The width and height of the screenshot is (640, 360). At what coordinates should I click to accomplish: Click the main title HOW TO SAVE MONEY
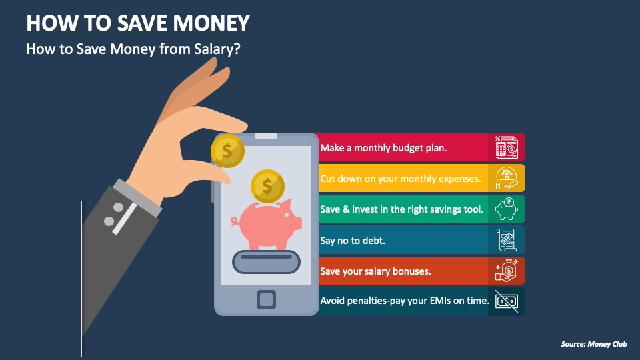pyautogui.click(x=138, y=23)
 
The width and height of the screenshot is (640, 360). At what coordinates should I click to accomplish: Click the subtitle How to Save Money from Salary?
pyautogui.click(x=133, y=49)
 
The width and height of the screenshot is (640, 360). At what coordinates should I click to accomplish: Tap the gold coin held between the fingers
pyautogui.click(x=227, y=150)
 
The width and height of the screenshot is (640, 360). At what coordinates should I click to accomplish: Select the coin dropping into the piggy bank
pyautogui.click(x=267, y=186)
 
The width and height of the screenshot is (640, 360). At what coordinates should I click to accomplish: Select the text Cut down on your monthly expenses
pyautogui.click(x=400, y=179)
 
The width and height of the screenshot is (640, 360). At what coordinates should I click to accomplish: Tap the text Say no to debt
pyautogui.click(x=352, y=240)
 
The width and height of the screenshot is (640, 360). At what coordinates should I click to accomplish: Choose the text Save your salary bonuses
pyautogui.click(x=375, y=271)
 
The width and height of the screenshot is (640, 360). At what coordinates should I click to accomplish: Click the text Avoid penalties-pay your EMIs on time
pyautogui.click(x=405, y=301)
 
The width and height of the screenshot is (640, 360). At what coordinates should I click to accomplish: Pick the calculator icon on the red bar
pyautogui.click(x=506, y=147)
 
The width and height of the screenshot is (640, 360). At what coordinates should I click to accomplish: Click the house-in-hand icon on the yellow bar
pyautogui.click(x=506, y=178)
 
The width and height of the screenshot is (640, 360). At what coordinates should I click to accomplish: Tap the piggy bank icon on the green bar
pyautogui.click(x=506, y=209)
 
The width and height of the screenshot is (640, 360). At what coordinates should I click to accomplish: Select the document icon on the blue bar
pyautogui.click(x=506, y=240)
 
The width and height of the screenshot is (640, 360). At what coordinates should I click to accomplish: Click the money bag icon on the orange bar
pyautogui.click(x=506, y=271)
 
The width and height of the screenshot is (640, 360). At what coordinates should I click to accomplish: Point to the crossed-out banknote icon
pyautogui.click(x=506, y=301)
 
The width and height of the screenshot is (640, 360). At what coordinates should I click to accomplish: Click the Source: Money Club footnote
pyautogui.click(x=594, y=345)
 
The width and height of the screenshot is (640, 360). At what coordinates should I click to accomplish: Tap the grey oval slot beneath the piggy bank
pyautogui.click(x=266, y=260)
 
